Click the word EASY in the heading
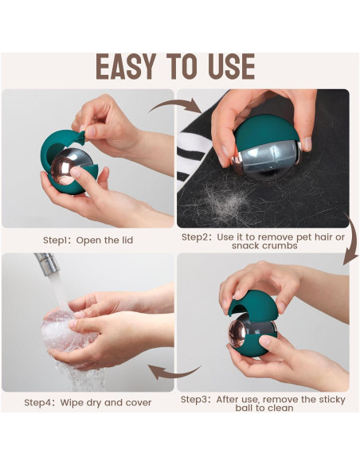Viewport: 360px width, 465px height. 126,66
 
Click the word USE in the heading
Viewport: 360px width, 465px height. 232,66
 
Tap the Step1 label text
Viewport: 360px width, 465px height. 57,240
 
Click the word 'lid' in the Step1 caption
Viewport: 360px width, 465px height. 127,240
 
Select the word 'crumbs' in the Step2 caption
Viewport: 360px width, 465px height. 278,245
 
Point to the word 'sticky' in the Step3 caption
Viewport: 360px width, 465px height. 332,400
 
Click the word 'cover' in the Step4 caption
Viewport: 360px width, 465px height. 139,403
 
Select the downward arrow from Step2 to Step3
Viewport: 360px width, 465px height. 352,237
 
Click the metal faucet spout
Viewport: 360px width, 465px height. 47,264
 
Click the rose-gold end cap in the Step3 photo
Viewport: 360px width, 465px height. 237,334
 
